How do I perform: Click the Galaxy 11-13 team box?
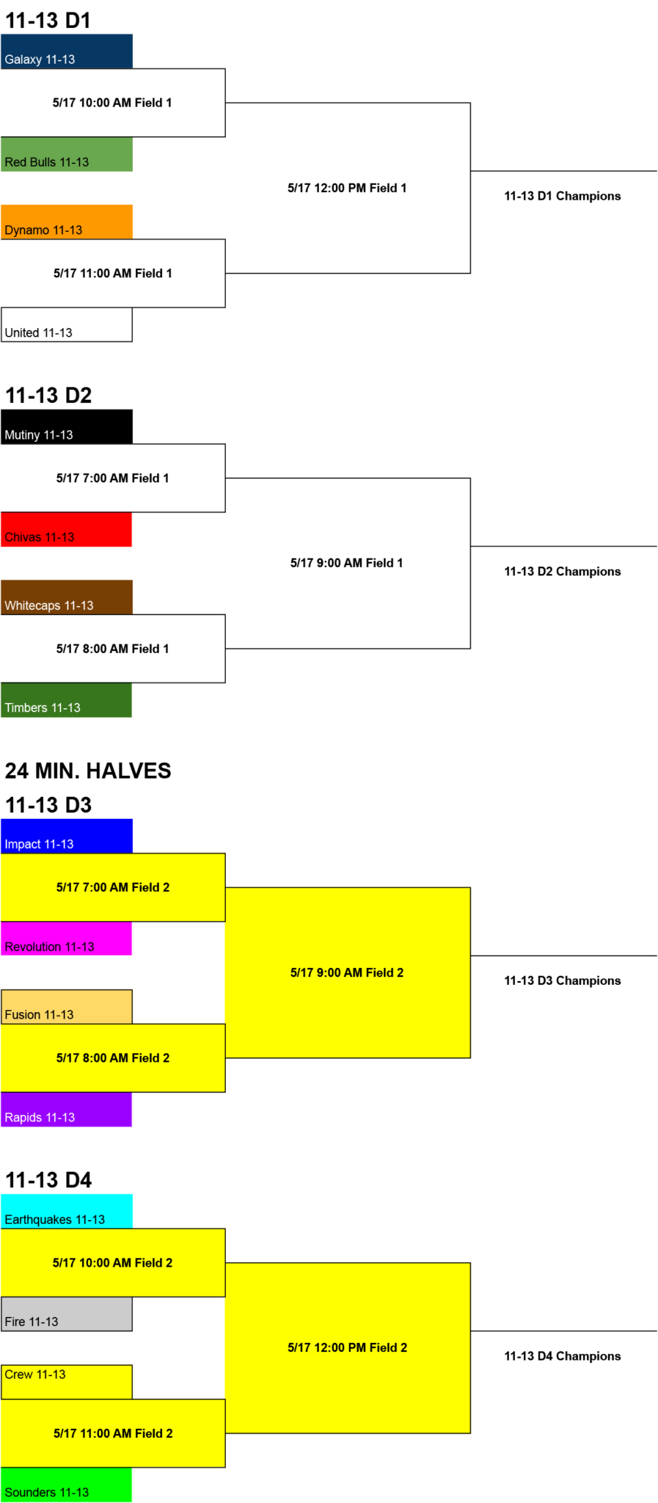pos(67,51)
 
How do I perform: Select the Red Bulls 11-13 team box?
pos(67,154)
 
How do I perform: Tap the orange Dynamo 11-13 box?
pos(67,222)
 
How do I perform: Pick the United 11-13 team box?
pos(67,324)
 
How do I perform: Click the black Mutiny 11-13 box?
pos(67,426)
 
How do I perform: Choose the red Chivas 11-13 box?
pos(67,529)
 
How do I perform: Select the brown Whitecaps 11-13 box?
pos(67,597)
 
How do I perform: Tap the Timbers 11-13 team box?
pos(67,700)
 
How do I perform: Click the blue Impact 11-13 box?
pos(67,836)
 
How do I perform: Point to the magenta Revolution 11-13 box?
pos(67,939)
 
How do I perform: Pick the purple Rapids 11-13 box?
pos(67,1110)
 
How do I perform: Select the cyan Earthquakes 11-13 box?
pos(67,1212)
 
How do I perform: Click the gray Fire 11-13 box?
pos(67,1314)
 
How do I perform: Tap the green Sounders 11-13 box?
pos(67,1485)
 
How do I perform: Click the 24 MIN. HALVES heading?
pos(88,771)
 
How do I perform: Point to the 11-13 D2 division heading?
pos(48,396)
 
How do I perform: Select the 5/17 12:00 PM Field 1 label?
pos(347,188)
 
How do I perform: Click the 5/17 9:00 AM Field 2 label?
pos(347,972)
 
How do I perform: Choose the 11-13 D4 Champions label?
pos(563,1356)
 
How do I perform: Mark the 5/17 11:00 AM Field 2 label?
pos(113,1433)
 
